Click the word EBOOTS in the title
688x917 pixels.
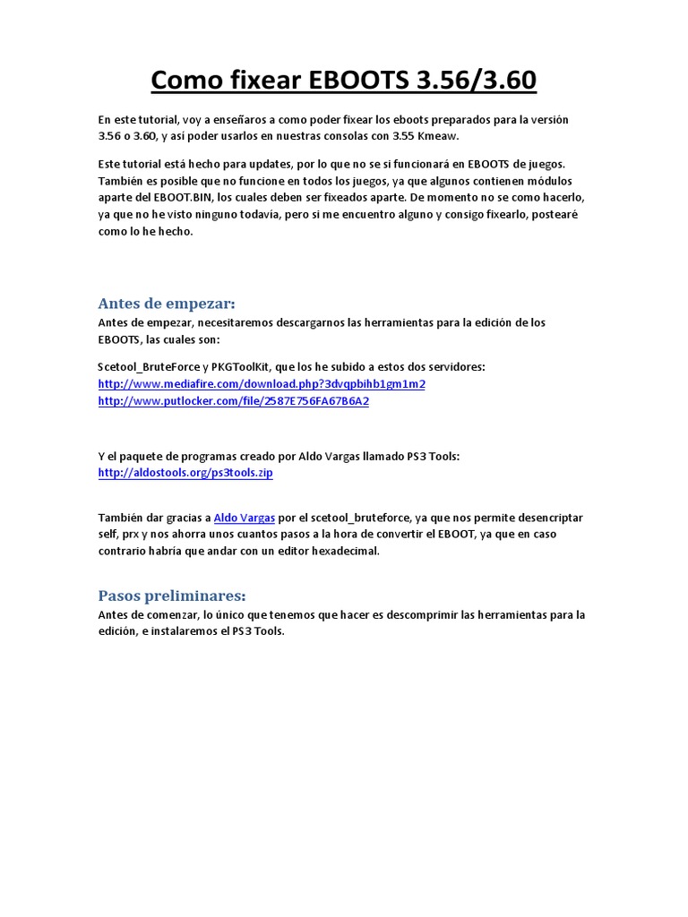[359, 81]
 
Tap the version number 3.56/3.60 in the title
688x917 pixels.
[477, 81]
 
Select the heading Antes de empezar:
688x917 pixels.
[167, 304]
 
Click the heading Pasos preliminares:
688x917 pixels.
[171, 596]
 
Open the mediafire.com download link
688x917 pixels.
[262, 384]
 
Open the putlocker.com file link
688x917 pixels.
[233, 401]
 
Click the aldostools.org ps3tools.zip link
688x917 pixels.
[185, 473]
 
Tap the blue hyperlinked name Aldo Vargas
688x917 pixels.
[244, 518]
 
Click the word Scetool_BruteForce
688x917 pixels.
[149, 367]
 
